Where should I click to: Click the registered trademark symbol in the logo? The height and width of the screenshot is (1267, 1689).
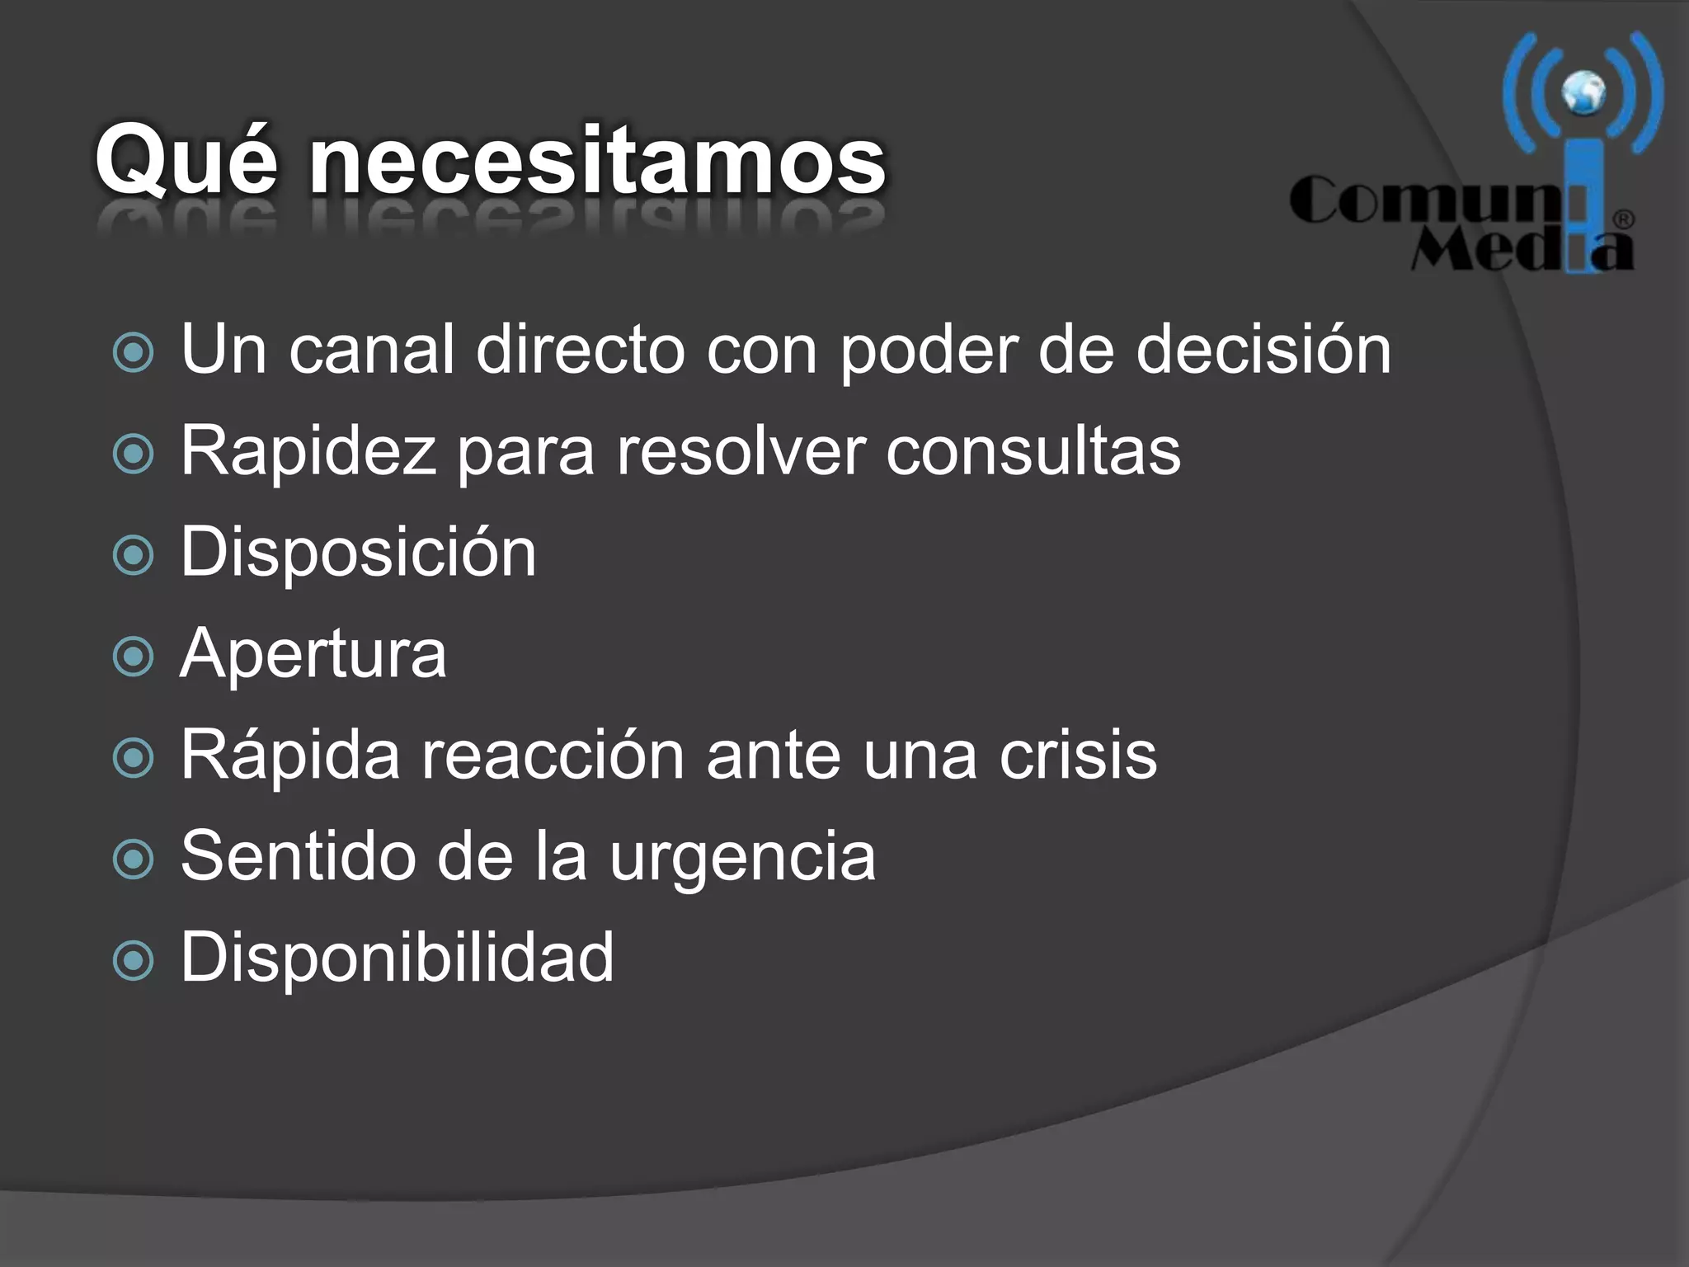point(1623,220)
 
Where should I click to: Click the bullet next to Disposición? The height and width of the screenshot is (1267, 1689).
point(133,555)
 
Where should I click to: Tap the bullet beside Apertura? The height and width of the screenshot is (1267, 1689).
point(133,657)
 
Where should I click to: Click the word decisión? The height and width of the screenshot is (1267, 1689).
point(1263,350)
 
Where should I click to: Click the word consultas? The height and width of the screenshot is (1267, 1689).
point(1033,451)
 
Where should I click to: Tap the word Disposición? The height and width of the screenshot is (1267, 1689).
point(359,553)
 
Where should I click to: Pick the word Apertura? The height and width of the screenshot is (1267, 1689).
point(313,654)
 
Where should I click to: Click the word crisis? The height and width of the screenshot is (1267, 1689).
point(1079,756)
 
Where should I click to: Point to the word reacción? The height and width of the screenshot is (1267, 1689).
point(553,756)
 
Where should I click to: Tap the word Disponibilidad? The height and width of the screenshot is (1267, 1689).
point(398,958)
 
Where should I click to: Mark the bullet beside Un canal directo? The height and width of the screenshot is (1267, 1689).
point(133,353)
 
